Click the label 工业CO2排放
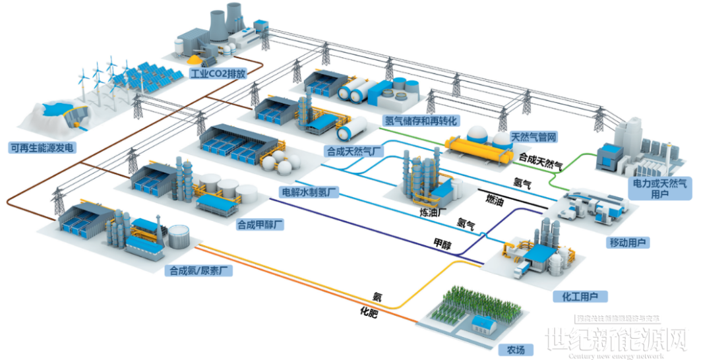217,73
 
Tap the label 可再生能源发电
41,148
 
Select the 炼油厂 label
434,213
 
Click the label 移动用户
629,243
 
